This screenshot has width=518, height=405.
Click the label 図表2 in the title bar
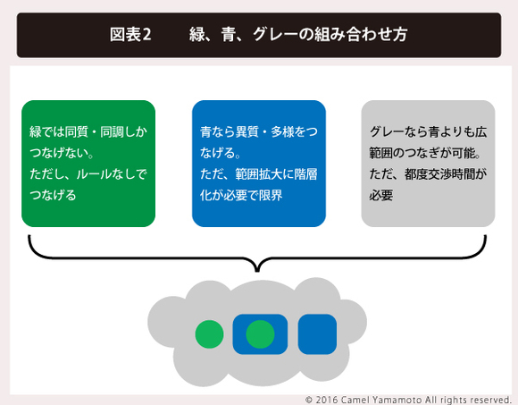(130, 34)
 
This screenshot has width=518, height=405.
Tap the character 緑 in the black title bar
(196, 34)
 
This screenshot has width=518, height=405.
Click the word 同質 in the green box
(77, 131)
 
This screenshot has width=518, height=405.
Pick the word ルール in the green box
(94, 174)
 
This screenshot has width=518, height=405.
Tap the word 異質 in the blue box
(247, 131)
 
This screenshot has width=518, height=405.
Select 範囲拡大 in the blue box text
(259, 174)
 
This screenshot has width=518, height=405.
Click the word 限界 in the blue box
(271, 195)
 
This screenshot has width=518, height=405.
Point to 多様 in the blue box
(282, 131)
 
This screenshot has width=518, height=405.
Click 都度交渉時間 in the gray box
(439, 174)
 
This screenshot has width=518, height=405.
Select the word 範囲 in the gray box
(380, 153)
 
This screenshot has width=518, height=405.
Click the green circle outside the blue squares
(210, 334)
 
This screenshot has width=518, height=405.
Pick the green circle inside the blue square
(260, 334)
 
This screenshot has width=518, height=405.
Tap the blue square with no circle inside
(317, 333)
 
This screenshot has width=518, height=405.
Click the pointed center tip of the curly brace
(257, 272)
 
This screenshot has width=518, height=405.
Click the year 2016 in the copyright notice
(327, 400)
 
